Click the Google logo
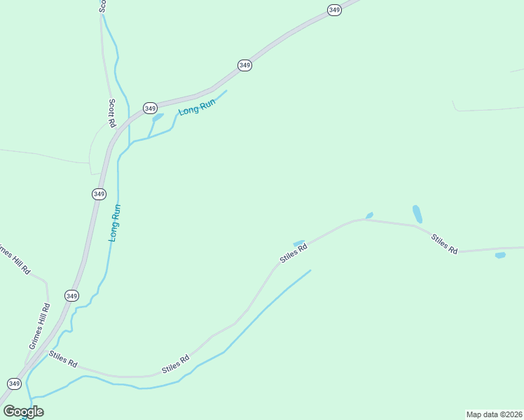point(23,411)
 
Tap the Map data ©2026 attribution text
point(493,414)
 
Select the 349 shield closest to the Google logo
point(14,384)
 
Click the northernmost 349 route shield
point(335,10)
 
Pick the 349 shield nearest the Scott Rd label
point(150,108)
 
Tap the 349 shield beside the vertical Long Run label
point(99,193)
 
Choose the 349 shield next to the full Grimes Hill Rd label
point(71,296)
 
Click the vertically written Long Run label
point(116,223)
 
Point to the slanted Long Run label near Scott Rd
point(197,107)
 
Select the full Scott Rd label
point(112,113)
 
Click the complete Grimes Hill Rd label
point(38,326)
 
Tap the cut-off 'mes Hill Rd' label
point(14,258)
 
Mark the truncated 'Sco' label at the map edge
point(102,6)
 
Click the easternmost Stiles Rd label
point(444,243)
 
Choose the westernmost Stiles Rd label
point(62,360)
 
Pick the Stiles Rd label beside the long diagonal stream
point(176,365)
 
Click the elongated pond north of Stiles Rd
point(418,213)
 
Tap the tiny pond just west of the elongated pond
point(369,215)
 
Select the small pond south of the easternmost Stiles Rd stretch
point(500,255)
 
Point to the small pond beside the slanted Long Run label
point(158,117)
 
